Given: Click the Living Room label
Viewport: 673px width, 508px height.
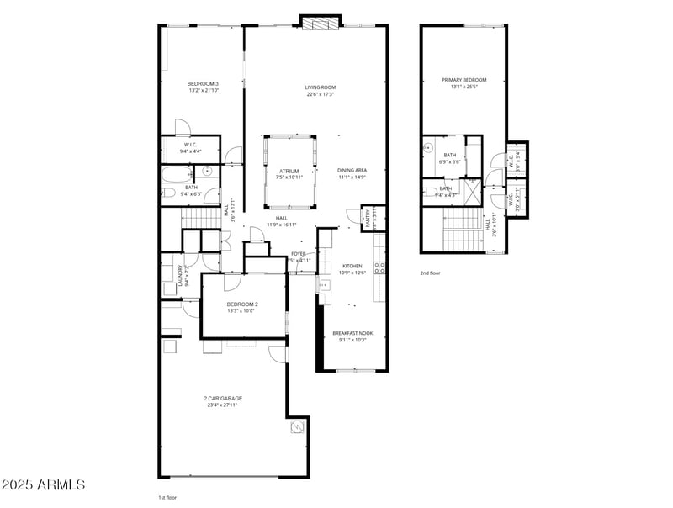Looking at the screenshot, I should tap(320, 87).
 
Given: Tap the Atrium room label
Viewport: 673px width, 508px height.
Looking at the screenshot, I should tap(289, 171).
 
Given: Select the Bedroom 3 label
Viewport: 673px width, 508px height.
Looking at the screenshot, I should tap(203, 83).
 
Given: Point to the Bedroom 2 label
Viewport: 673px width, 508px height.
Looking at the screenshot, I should tap(242, 304).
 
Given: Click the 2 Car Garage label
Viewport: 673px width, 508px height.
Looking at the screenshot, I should tap(220, 398).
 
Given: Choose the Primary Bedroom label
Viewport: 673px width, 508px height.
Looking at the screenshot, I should tap(464, 80).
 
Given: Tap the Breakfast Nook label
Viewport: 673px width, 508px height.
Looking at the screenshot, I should tap(352, 333).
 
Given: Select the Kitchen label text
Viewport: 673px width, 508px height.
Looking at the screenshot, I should tap(352, 265).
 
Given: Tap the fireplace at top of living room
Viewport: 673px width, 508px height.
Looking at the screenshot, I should tap(320, 24).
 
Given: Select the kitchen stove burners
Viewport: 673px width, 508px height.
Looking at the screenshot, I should tap(379, 268).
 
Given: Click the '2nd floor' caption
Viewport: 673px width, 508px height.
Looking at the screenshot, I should tap(430, 273).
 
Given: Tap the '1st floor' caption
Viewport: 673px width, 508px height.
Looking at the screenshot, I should tap(168, 497).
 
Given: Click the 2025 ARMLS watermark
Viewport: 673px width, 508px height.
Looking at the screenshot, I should tap(43, 485).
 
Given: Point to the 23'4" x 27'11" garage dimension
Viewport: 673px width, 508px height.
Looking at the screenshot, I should tap(220, 405).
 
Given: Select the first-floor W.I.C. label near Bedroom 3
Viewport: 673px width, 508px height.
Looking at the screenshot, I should tap(190, 145).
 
